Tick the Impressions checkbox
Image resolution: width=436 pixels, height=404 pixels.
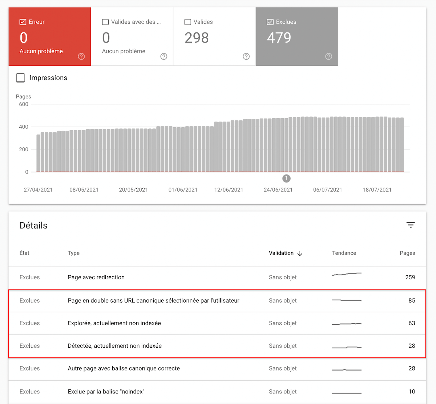21,78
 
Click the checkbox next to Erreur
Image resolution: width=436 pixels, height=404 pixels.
23,22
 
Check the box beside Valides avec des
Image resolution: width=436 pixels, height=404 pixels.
105,22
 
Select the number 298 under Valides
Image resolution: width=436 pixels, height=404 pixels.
197,38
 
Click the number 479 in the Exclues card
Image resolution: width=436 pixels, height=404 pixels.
279,38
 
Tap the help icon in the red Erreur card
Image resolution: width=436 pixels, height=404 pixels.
81,56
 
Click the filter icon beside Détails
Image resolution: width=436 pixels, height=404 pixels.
411,225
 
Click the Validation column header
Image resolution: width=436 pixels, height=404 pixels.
281,253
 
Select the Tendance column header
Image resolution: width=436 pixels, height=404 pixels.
344,253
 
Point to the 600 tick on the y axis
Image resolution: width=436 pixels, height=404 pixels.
24,104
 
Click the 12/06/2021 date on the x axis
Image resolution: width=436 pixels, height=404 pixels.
229,190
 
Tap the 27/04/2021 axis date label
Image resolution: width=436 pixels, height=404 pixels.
38,190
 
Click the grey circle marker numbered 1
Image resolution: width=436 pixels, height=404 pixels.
286,178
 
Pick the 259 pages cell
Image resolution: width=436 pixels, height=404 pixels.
410,277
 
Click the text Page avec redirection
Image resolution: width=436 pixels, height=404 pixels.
96,277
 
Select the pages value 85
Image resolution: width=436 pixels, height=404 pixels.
412,301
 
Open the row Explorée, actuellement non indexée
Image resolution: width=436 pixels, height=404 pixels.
114,323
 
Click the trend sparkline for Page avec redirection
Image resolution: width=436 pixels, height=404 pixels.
347,274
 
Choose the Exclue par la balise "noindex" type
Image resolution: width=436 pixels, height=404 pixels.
106,392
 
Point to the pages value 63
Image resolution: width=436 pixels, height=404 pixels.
412,323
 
